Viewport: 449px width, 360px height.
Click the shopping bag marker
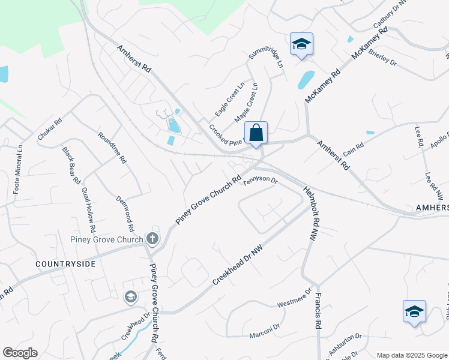(256, 133)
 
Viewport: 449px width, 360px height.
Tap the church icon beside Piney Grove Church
(152, 239)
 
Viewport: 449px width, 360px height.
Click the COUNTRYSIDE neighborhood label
(65, 263)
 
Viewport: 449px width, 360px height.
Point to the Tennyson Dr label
(259, 181)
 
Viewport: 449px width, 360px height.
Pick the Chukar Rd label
(50, 129)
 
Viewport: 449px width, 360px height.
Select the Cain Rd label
(354, 148)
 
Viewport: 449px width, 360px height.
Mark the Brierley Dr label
(383, 58)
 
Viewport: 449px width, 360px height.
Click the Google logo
(20, 353)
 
